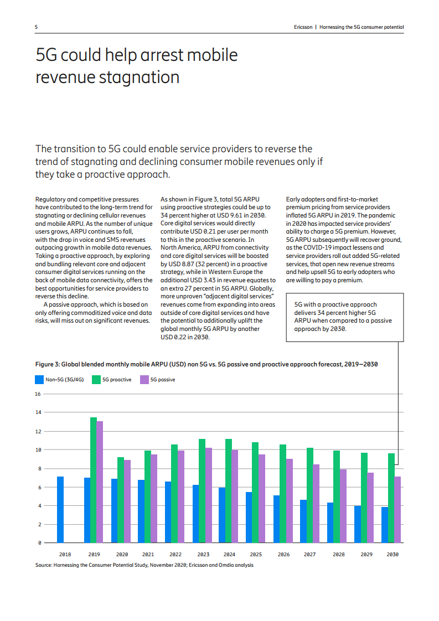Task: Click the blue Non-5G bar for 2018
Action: tap(60, 509)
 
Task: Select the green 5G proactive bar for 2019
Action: tap(94, 480)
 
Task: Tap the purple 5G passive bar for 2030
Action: tap(397, 509)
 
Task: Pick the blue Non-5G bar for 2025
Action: tap(249, 517)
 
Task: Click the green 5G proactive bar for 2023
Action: tap(202, 491)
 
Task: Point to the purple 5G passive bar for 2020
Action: tap(127, 501)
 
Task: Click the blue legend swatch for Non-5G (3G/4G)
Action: tap(39, 380)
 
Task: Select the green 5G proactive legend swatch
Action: tap(96, 380)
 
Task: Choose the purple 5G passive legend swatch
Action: tap(144, 380)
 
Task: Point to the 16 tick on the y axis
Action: tap(38, 394)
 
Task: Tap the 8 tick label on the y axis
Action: tap(40, 469)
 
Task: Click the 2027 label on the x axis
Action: tap(310, 555)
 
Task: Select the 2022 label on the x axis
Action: tap(175, 555)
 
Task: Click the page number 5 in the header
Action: tap(37, 27)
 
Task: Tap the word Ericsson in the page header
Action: tap(303, 27)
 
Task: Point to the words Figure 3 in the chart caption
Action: tap(47, 364)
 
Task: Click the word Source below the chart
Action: tap(43, 565)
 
